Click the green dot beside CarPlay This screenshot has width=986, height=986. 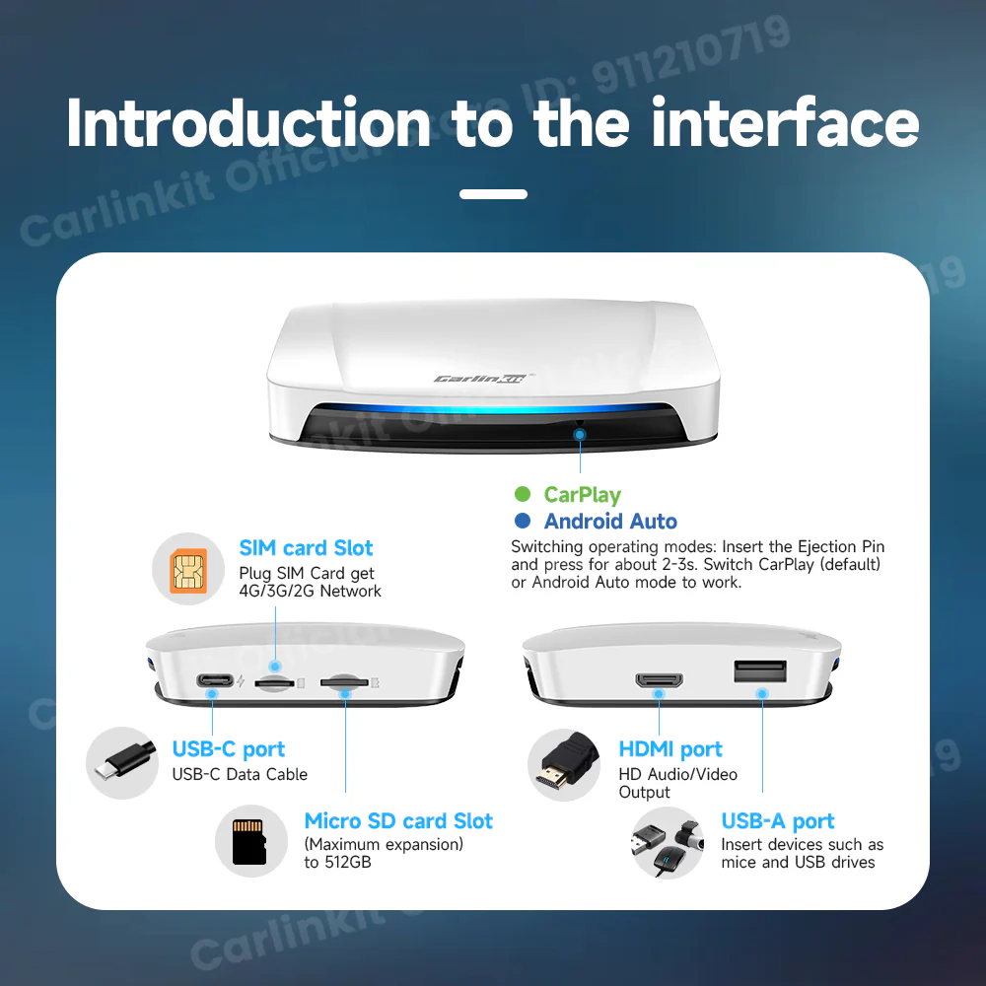pyautogui.click(x=523, y=495)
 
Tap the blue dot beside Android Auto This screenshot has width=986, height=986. pyautogui.click(x=523, y=522)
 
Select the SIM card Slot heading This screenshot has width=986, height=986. pyautogui.click(x=306, y=548)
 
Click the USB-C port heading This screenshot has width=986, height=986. pyautogui.click(x=229, y=749)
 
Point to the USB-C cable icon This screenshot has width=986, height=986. pyautogui.click(x=122, y=763)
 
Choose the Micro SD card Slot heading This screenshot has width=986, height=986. pyautogui.click(x=398, y=821)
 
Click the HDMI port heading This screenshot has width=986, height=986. pyautogui.click(x=670, y=749)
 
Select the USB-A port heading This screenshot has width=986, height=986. pyautogui.click(x=777, y=821)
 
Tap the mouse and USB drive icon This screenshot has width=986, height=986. pyautogui.click(x=667, y=842)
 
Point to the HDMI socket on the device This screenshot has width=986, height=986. pyautogui.click(x=659, y=680)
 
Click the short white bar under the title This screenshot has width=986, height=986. pyautogui.click(x=493, y=194)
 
